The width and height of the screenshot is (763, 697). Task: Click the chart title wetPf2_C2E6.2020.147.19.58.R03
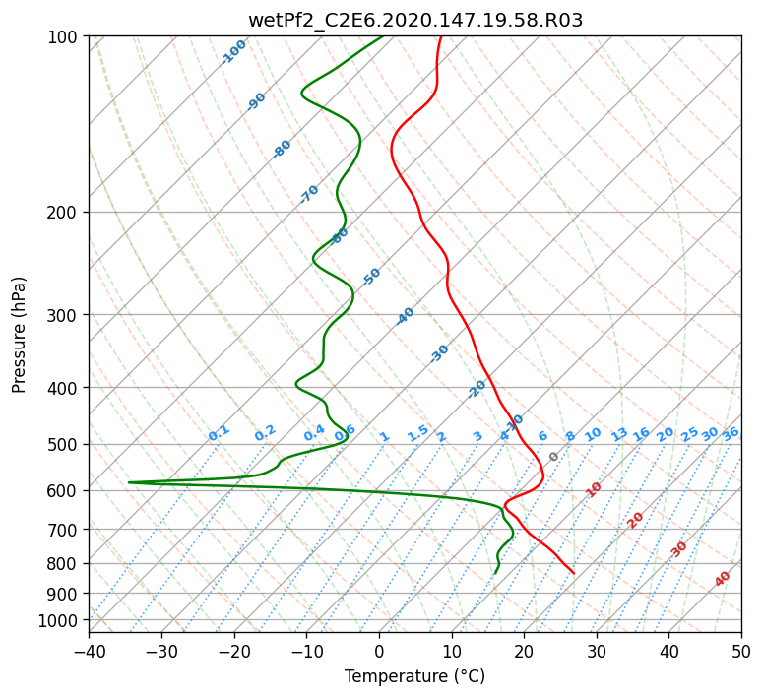point(414,20)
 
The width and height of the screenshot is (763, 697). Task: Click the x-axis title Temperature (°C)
point(414,677)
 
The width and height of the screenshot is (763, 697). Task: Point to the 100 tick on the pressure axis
point(64,37)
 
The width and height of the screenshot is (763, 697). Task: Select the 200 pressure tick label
point(64,212)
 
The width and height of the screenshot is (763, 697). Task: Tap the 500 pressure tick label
point(64,444)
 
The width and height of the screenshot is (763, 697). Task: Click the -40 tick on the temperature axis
point(89,651)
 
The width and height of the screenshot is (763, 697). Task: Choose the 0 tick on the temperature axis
point(379,651)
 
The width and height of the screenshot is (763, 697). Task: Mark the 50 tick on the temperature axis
point(741,651)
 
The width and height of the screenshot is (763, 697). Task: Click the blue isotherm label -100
point(233,52)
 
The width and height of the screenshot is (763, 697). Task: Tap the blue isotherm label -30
point(439,353)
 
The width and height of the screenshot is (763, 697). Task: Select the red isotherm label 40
point(723,579)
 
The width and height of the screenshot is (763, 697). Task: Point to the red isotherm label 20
point(636,519)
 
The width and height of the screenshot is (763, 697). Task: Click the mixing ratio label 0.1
point(219,432)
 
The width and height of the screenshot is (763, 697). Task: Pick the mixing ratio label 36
point(731,433)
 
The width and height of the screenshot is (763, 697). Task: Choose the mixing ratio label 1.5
point(417,432)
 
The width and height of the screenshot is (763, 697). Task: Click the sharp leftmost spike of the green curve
point(129,482)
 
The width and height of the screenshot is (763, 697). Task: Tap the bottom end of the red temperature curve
point(574,573)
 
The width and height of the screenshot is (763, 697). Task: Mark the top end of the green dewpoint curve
point(383,36)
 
